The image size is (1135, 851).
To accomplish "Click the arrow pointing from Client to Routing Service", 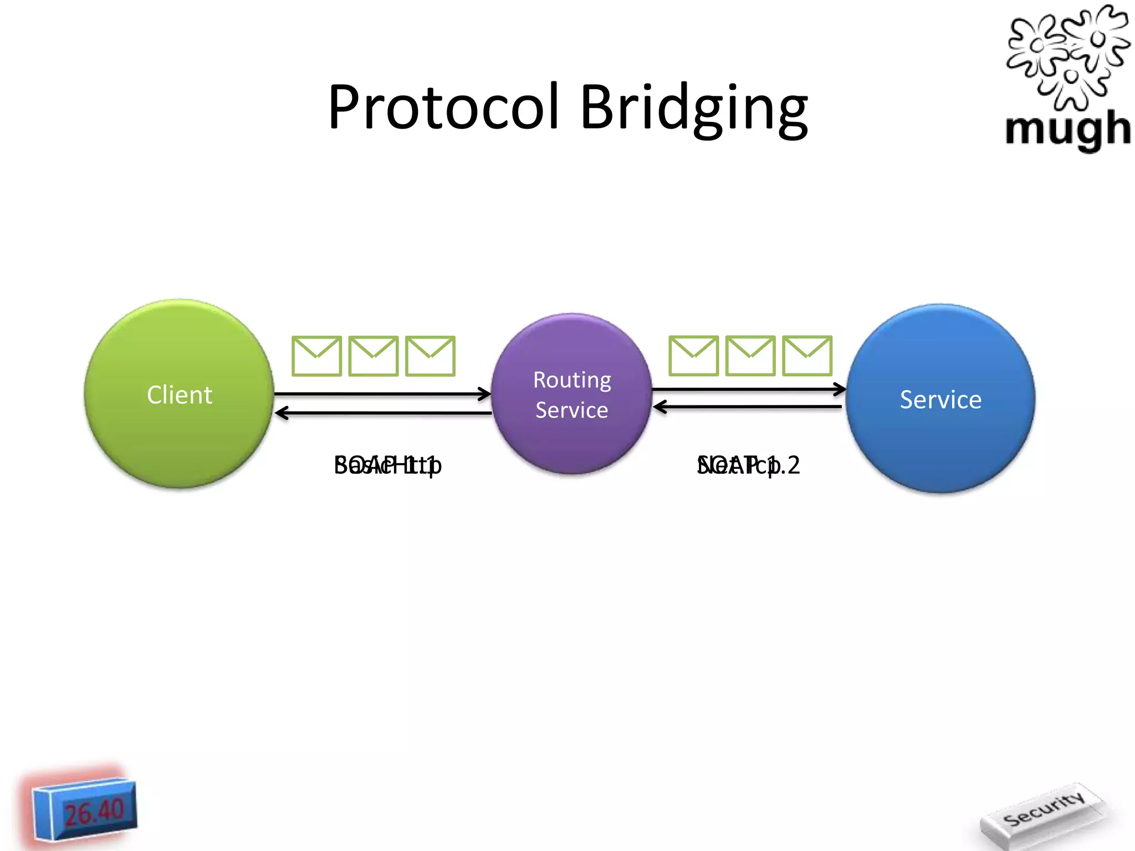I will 382,394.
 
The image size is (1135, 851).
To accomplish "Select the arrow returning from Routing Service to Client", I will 382,413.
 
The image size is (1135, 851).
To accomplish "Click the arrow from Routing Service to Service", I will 748,389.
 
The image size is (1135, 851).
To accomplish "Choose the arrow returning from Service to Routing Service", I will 748,407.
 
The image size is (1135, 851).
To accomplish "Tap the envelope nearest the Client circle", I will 316,356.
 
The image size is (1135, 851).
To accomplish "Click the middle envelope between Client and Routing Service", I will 374,356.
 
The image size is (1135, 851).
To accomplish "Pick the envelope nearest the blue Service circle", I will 807,356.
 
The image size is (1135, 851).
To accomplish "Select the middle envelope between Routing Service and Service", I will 750,356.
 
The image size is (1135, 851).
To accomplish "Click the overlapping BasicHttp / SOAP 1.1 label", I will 387,465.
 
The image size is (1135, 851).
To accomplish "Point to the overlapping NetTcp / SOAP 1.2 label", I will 748,465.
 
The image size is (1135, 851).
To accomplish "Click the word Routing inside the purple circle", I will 572,381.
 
